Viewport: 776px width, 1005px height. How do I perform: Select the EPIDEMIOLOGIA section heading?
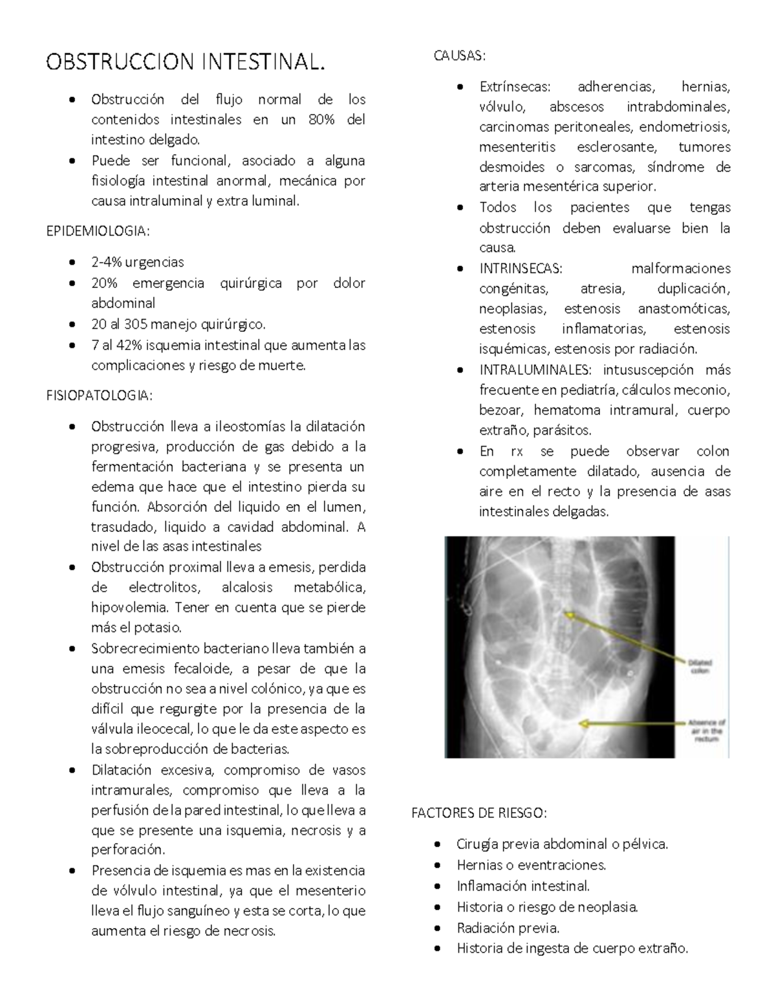point(98,232)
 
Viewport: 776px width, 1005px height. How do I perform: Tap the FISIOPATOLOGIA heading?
point(100,395)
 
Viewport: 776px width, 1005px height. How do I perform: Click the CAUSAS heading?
point(458,56)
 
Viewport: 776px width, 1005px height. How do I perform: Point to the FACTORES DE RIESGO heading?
point(479,813)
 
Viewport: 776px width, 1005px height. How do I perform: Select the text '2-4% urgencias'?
point(137,262)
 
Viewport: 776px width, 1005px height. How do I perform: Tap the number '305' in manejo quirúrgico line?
point(136,324)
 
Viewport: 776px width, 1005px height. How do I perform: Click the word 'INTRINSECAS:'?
point(521,269)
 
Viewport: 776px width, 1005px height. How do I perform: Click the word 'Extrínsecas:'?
point(515,87)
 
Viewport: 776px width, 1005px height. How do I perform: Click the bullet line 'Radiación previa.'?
point(508,928)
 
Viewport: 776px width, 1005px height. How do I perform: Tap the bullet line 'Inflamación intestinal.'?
point(523,886)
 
